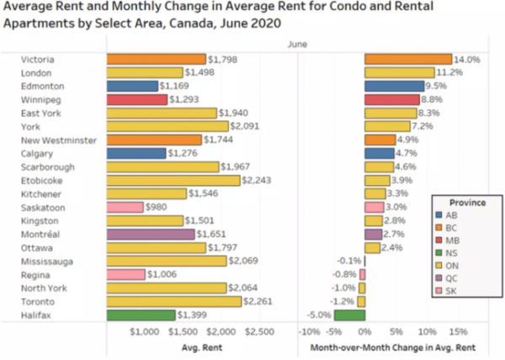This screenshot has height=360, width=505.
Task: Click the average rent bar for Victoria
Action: click(x=156, y=59)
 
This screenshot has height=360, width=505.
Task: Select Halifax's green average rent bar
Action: click(x=141, y=315)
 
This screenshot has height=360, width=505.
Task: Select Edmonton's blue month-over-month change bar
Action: click(x=394, y=86)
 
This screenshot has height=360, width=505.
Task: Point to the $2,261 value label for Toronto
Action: click(x=258, y=301)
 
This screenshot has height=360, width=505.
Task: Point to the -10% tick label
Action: click(x=311, y=331)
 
